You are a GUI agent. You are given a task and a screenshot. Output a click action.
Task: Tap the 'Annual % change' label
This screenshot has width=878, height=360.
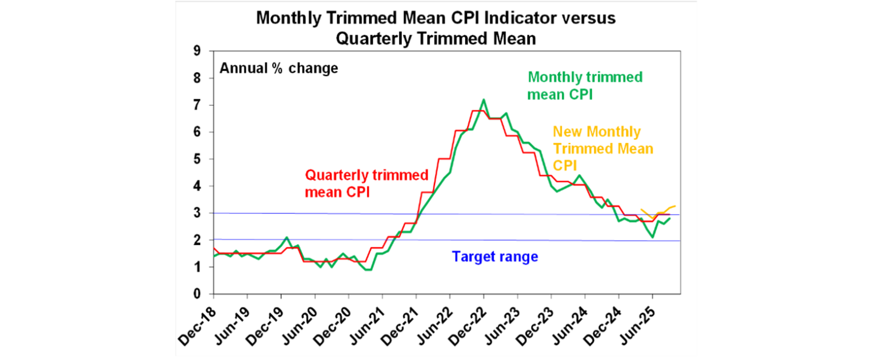click(x=279, y=69)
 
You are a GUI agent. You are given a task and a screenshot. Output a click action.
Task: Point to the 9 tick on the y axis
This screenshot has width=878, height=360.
click(x=197, y=51)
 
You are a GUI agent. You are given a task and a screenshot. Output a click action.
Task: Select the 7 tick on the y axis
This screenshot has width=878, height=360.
click(x=197, y=105)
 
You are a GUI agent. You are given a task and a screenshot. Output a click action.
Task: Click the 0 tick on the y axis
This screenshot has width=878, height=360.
click(x=197, y=294)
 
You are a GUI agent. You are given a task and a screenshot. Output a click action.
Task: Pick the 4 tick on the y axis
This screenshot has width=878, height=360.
click(x=197, y=186)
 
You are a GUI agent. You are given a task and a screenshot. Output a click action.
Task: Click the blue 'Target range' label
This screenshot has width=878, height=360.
click(x=495, y=257)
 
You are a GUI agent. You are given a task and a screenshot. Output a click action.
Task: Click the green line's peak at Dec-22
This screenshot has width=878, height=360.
click(x=484, y=100)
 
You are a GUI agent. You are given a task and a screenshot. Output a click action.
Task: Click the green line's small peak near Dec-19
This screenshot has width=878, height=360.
click(x=286, y=237)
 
